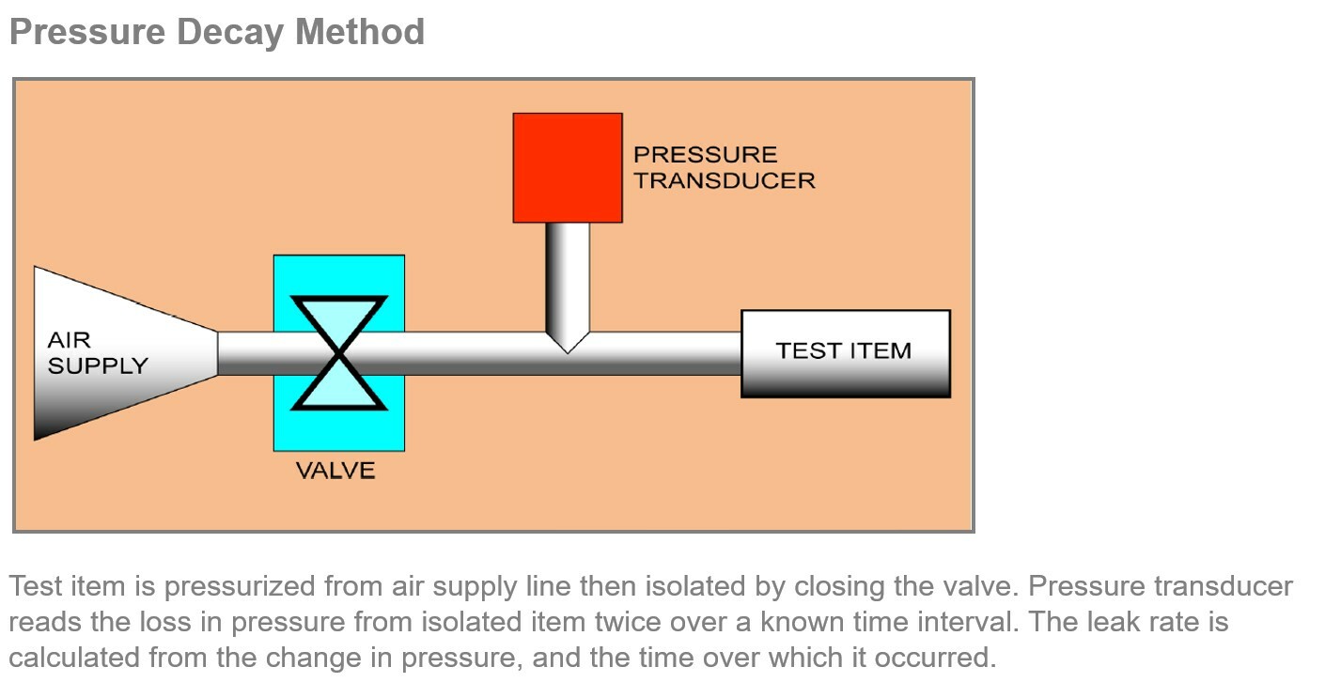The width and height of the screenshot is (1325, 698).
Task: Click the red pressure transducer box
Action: click(x=567, y=167)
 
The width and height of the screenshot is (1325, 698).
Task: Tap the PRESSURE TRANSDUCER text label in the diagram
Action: click(x=724, y=167)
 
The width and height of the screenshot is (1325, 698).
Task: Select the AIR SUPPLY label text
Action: click(x=97, y=353)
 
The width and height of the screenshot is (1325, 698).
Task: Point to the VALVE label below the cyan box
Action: click(x=335, y=471)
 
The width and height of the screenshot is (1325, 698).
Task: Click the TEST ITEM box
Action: click(x=845, y=352)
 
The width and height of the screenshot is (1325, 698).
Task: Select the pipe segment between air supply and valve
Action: click(x=245, y=353)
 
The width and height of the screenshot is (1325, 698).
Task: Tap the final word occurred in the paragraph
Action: click(x=934, y=658)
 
